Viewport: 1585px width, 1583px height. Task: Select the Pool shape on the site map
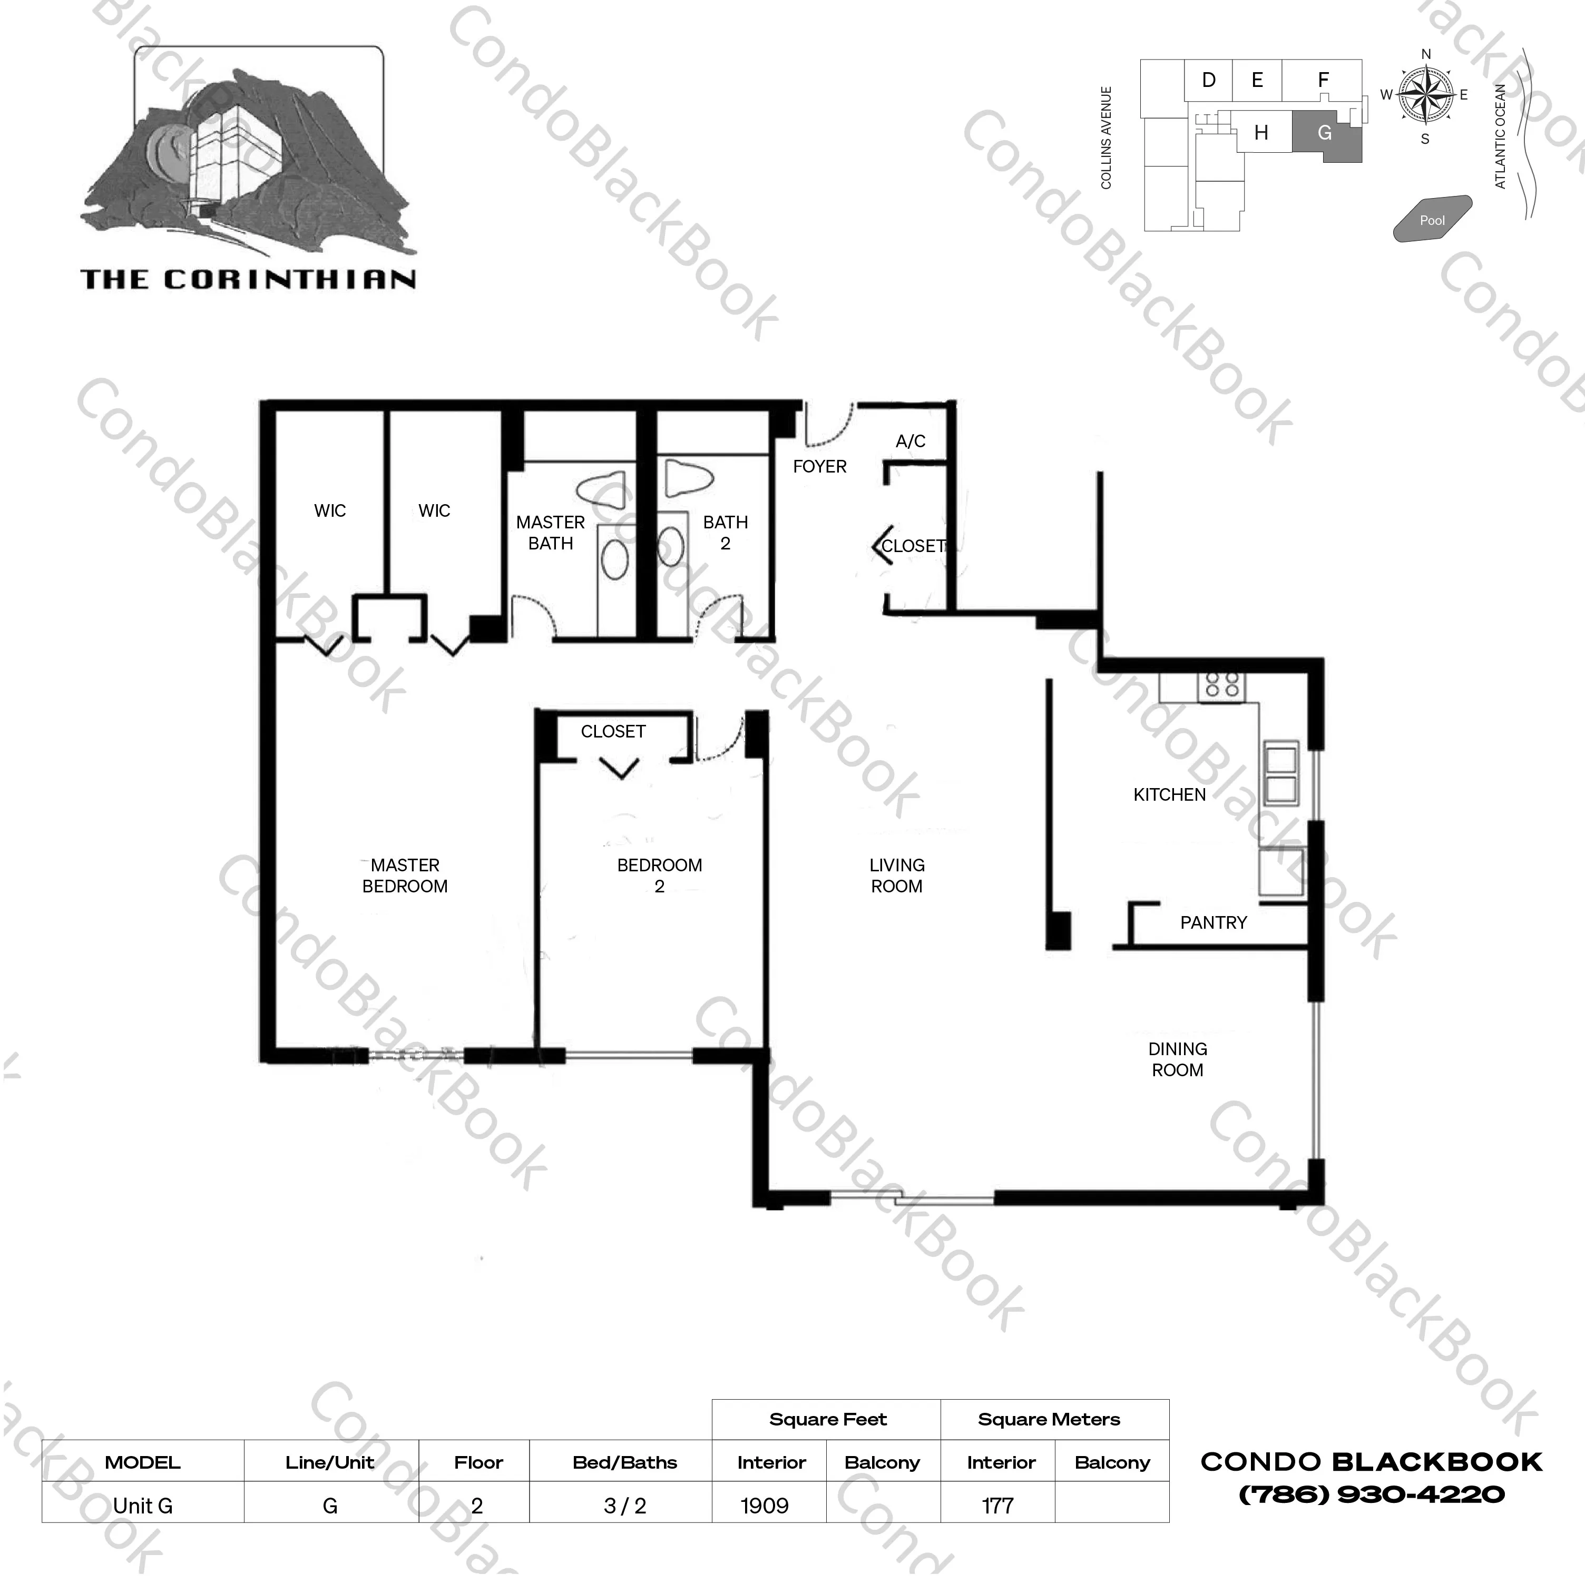click(1432, 219)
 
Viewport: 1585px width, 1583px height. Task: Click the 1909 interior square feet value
click(764, 1506)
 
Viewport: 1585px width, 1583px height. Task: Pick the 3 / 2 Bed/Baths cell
click(624, 1506)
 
